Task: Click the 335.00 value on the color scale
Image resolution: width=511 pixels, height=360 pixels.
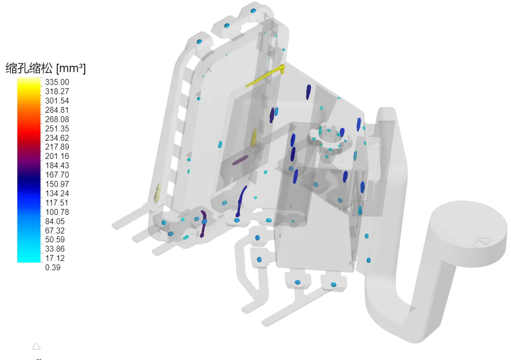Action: (57, 82)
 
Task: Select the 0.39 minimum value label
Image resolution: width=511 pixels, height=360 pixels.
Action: (53, 268)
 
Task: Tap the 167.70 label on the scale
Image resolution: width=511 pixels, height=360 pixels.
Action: (57, 175)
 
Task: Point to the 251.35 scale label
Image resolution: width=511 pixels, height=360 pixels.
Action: (57, 129)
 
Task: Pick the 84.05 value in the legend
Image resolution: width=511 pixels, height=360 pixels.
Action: (55, 221)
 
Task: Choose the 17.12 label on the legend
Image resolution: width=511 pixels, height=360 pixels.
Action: (55, 258)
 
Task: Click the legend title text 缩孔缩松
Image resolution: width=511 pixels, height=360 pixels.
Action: (29, 68)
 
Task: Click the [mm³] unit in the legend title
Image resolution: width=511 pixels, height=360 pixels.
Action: (71, 68)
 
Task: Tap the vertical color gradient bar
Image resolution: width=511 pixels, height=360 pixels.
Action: (28, 170)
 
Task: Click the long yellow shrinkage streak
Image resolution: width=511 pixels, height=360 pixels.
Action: (265, 76)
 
